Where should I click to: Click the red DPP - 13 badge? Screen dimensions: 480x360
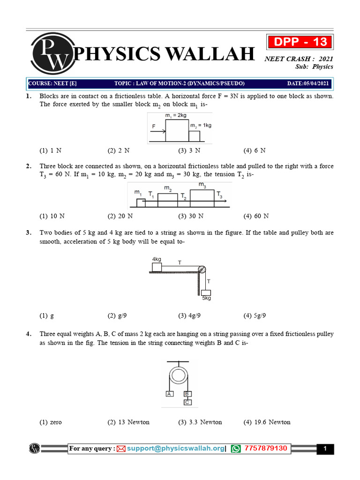coord(300,42)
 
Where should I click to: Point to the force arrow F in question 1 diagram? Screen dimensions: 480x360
coord(156,131)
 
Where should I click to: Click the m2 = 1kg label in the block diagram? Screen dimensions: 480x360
coord(200,125)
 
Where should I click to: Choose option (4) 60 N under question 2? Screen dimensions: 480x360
coord(256,216)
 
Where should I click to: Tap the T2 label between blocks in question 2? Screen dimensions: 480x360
coord(184,197)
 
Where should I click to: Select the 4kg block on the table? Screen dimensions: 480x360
coord(157,267)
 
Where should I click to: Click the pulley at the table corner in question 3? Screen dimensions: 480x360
coord(202,270)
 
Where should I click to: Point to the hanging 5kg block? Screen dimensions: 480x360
coord(206,293)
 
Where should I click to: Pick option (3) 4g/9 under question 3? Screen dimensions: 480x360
coord(189,315)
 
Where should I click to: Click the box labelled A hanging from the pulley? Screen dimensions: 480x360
coord(170,394)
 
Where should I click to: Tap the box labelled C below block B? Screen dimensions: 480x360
coord(187,402)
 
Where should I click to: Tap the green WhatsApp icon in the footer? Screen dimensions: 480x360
coord(236,449)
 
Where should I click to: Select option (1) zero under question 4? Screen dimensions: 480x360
coord(51,422)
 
